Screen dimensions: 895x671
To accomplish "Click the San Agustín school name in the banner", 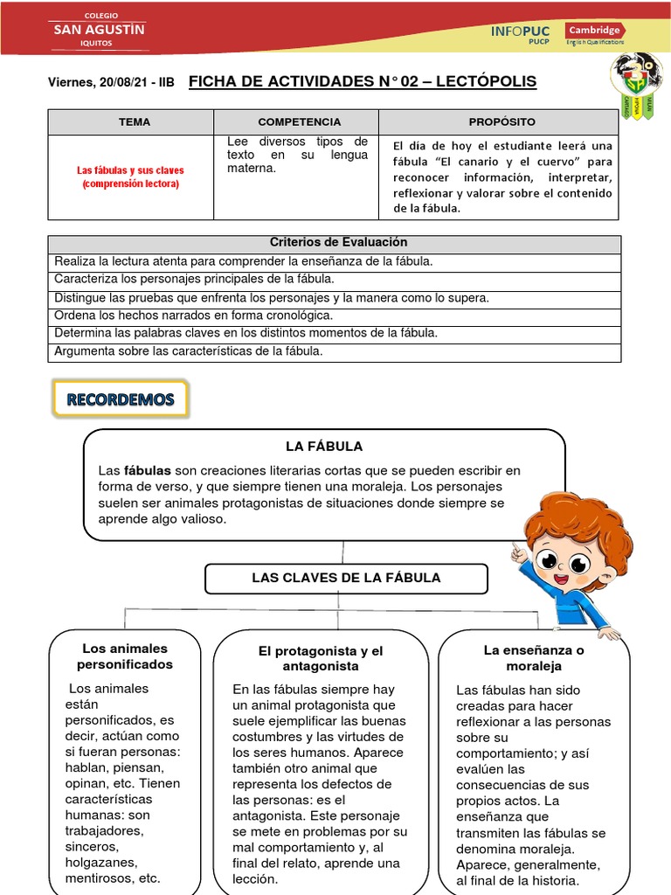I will click(x=100, y=29).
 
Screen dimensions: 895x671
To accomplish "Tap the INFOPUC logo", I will click(x=521, y=31).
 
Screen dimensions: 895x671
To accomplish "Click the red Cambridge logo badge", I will click(x=594, y=30).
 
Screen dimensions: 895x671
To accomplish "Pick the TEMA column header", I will click(x=135, y=122).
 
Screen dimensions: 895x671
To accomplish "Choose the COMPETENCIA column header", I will click(x=299, y=122).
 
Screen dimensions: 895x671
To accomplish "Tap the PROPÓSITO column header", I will click(x=502, y=122).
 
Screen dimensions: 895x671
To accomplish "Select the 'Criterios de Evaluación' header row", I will click(x=338, y=243).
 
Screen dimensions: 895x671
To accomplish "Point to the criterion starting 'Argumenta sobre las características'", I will click(x=189, y=351).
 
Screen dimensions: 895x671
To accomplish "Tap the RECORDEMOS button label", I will click(x=121, y=400).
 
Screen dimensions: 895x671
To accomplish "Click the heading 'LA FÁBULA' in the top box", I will click(x=323, y=447).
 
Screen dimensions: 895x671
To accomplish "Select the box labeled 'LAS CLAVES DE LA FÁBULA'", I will click(x=346, y=578).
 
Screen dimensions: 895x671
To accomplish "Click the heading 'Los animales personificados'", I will click(x=125, y=656).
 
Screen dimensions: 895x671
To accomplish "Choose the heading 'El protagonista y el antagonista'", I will click(x=321, y=658).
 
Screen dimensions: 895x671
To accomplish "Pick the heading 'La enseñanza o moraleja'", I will click(x=534, y=658).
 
